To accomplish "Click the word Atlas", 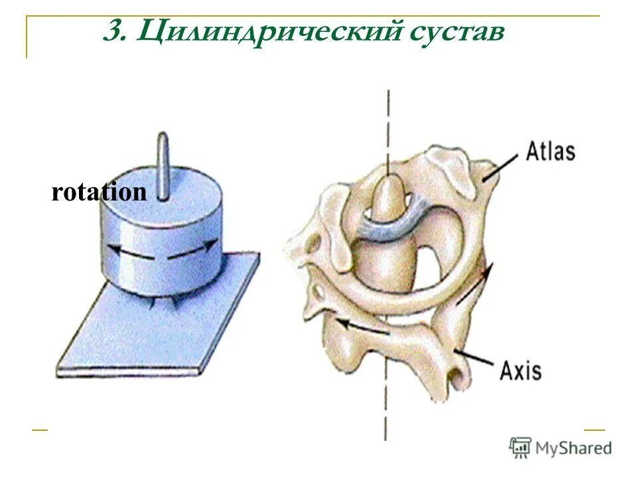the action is pos(550,151).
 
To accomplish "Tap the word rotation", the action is pos(99,193).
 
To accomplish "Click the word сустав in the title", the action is pos(459,32).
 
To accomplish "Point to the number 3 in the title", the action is pos(113,32).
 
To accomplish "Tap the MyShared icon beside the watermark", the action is pos(521,447).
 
